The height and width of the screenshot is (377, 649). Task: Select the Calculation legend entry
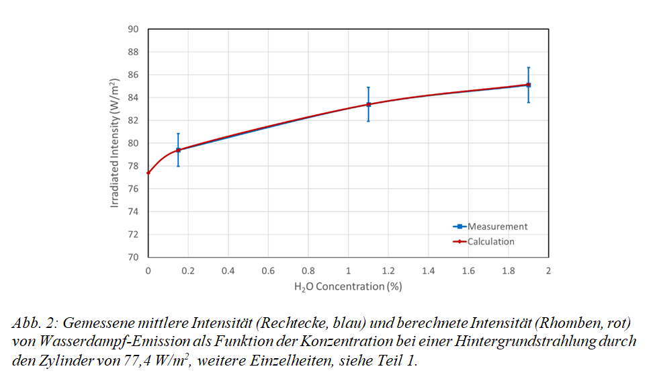point(491,241)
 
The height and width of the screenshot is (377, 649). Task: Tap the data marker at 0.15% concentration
point(178,150)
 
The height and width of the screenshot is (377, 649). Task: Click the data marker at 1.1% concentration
point(368,104)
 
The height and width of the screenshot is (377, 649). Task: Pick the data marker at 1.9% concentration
point(528,85)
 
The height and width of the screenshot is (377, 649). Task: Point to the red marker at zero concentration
point(148,173)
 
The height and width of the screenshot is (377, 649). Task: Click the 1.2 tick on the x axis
point(388,271)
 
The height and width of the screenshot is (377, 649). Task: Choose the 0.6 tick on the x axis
point(268,271)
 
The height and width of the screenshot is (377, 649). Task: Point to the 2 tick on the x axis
point(548,271)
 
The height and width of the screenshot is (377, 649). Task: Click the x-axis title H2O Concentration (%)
point(348,286)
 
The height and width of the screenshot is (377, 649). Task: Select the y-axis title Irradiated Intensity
point(115,142)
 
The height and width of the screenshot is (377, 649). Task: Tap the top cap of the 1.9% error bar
point(528,67)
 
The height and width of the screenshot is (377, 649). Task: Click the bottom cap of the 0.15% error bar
point(178,166)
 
